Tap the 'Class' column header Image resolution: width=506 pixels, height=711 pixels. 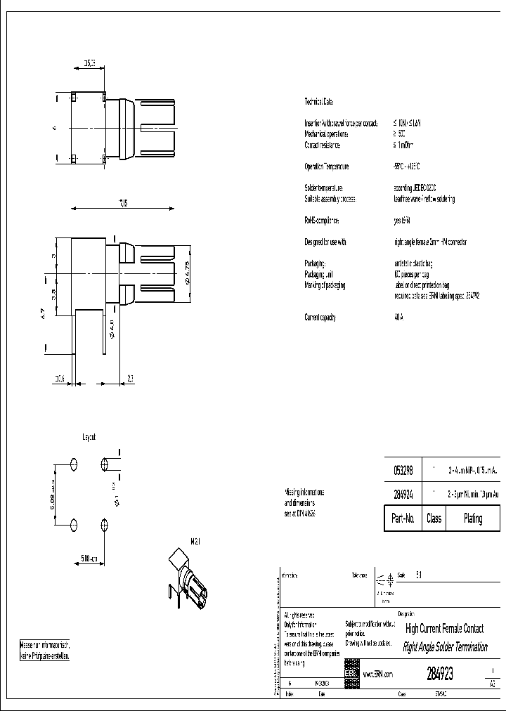coord(434,518)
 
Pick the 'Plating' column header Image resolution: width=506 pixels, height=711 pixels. coord(473,518)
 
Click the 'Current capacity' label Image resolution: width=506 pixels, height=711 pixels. coord(320,317)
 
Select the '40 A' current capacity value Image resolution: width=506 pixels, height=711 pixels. coord(399,317)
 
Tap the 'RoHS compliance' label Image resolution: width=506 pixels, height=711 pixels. coord(321,220)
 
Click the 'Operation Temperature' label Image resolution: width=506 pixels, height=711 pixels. coord(326,167)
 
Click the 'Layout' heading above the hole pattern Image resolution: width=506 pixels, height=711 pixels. coord(89,436)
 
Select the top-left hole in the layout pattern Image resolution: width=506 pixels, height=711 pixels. coord(74,464)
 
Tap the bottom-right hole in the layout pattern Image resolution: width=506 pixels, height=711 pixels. coord(105,525)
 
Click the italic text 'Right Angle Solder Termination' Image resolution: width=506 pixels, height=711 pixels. coord(446,647)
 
